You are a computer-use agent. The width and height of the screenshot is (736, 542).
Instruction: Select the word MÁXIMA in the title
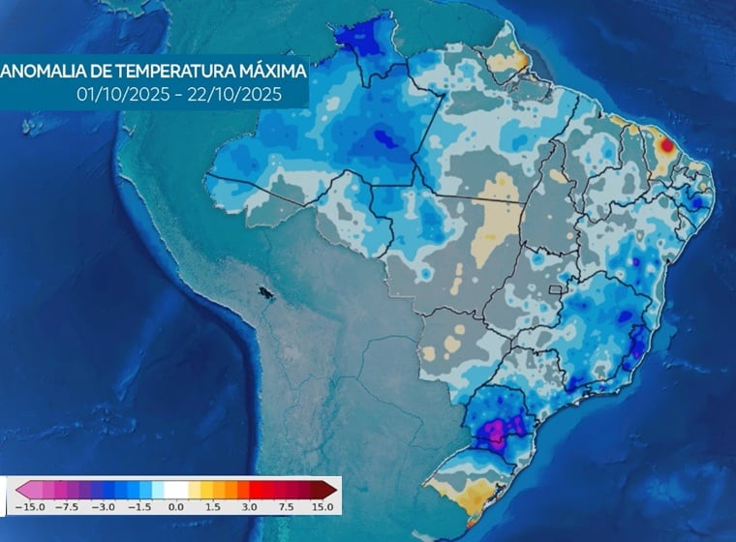(273, 71)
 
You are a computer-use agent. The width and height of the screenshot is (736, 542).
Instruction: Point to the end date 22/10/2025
(231, 95)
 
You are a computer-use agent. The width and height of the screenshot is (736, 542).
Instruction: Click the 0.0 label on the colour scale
(176, 506)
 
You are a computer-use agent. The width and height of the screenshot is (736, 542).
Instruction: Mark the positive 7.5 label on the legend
(286, 506)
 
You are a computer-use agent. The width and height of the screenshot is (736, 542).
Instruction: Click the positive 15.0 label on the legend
(322, 506)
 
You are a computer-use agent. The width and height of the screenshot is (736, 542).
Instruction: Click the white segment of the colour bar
(176, 489)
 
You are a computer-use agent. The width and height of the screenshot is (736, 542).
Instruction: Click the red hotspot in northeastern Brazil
(666, 145)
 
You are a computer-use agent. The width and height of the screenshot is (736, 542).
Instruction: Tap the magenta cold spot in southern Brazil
(498, 429)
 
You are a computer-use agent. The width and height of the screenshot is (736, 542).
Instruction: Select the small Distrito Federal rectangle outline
(555, 288)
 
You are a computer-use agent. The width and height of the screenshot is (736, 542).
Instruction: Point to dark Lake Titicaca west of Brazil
(261, 289)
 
